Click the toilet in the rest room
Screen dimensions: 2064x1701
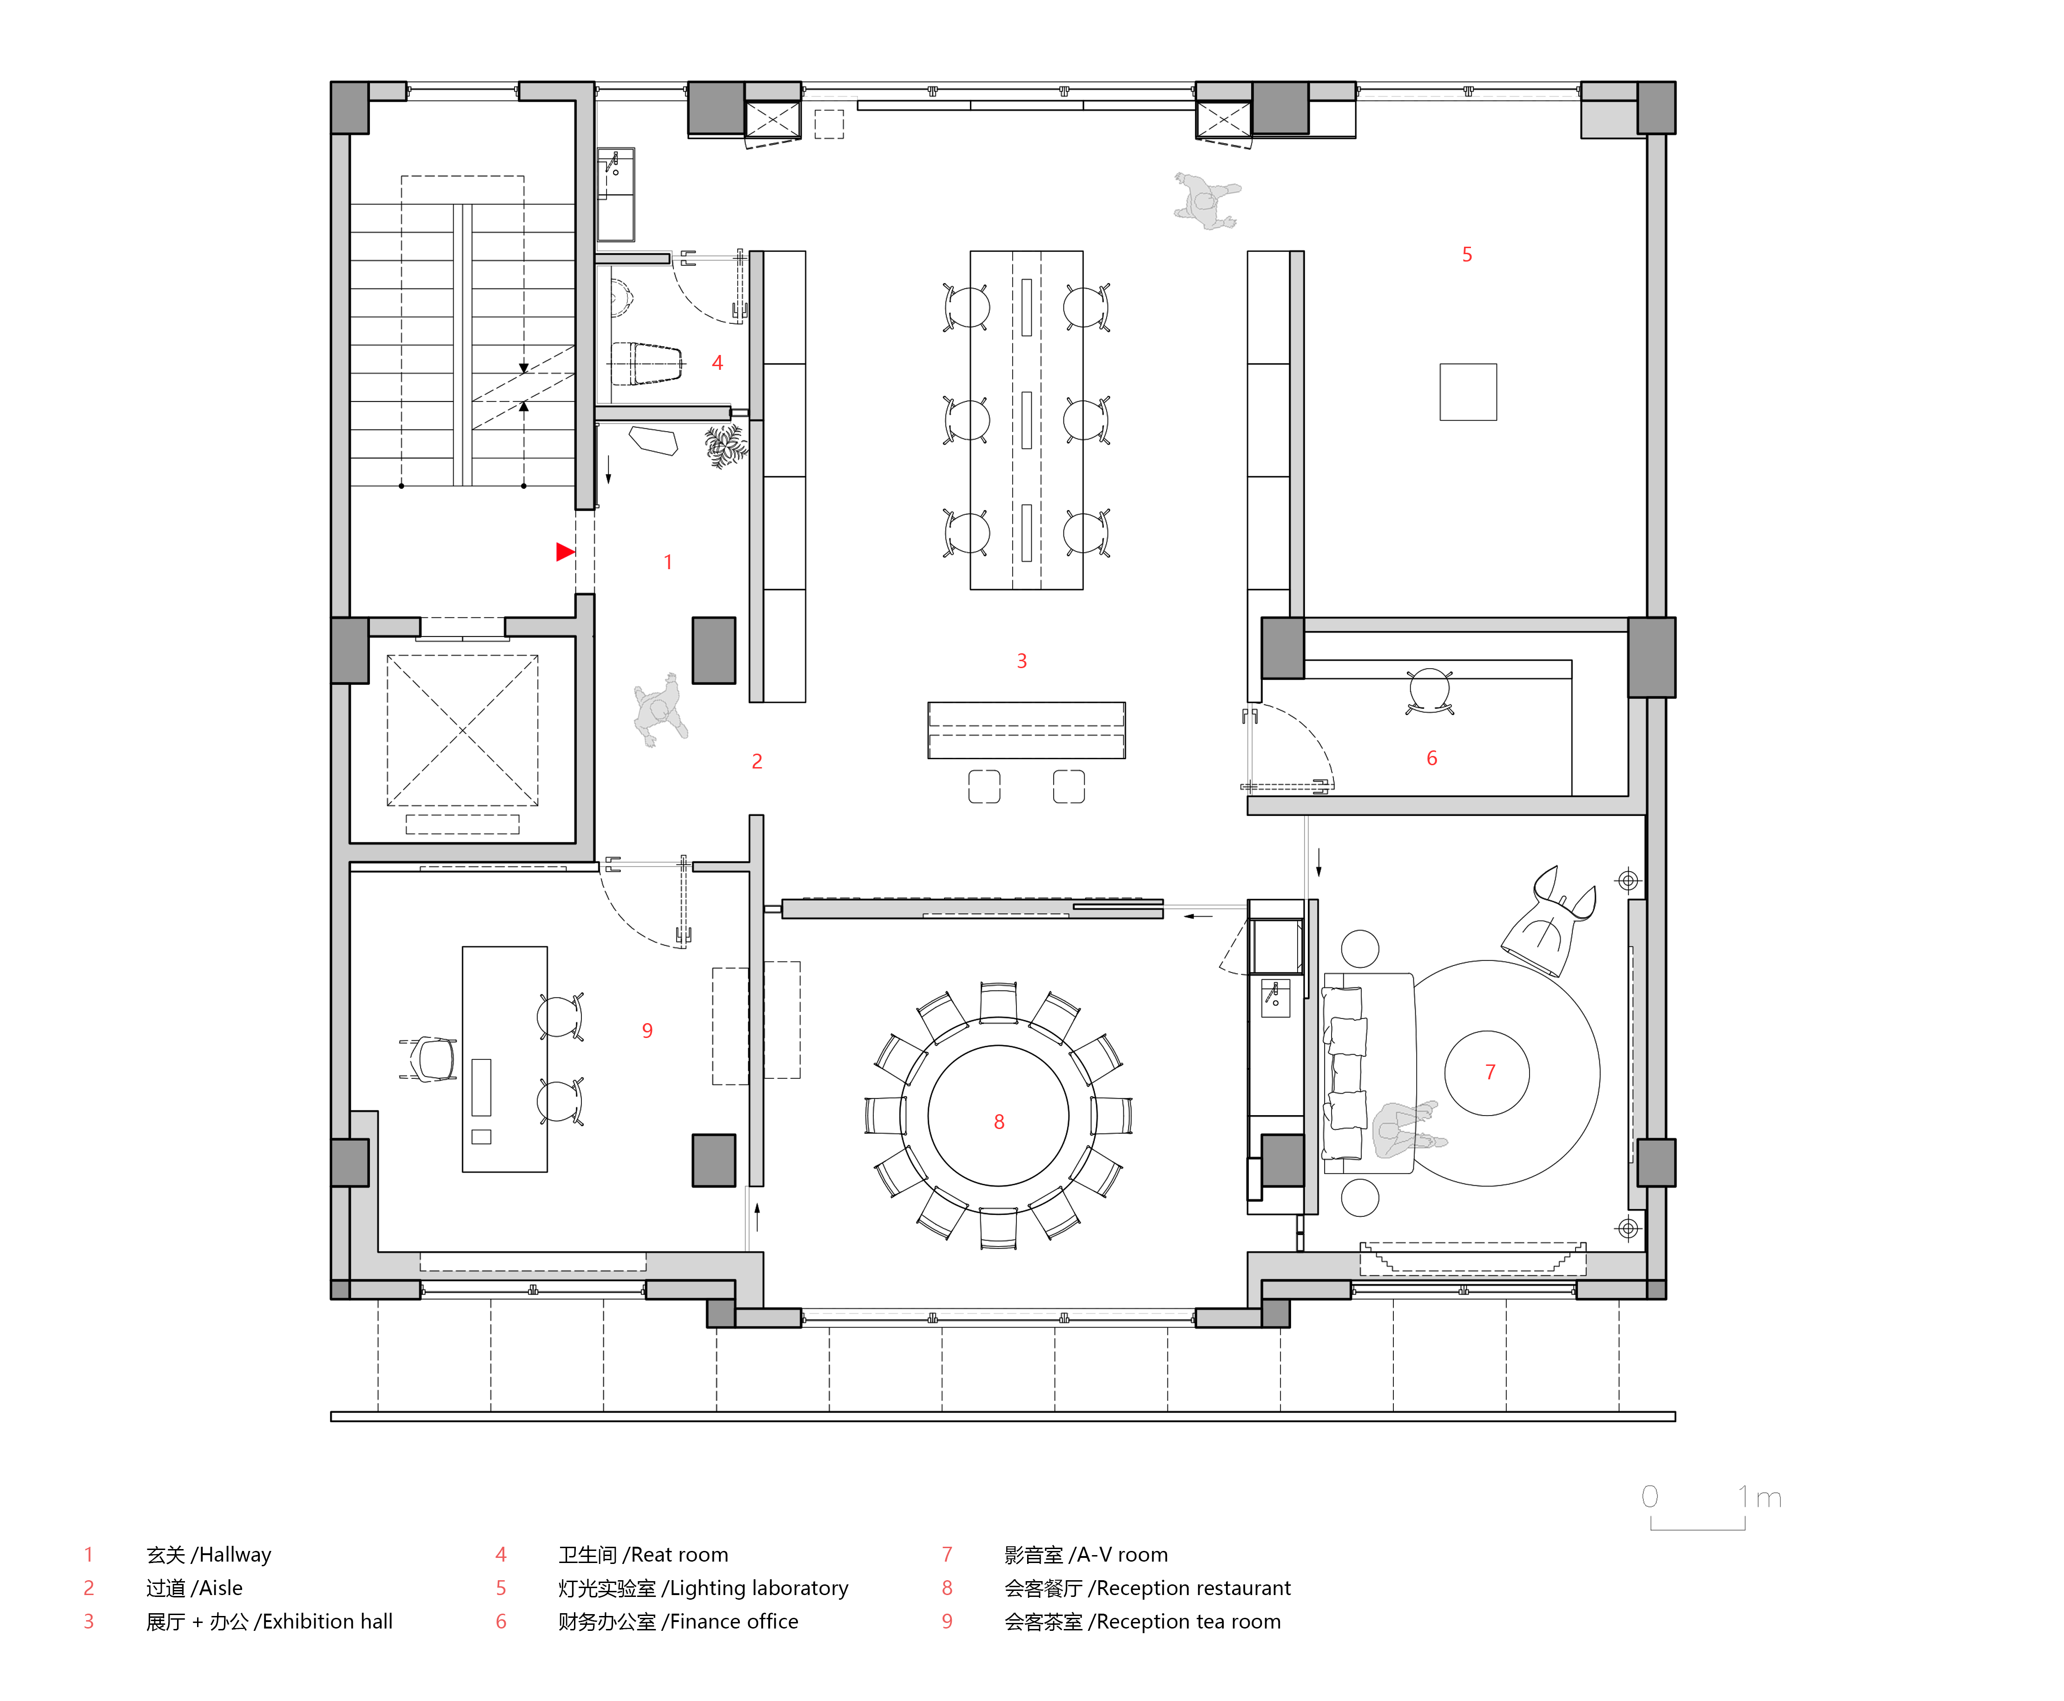pos(645,362)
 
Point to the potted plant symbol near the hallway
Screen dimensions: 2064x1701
pos(725,446)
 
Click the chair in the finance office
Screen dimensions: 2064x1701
pos(1429,690)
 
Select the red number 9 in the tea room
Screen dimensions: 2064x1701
pos(647,1031)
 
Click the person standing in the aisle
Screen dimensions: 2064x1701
pos(659,709)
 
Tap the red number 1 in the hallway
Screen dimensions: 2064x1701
pos(667,562)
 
